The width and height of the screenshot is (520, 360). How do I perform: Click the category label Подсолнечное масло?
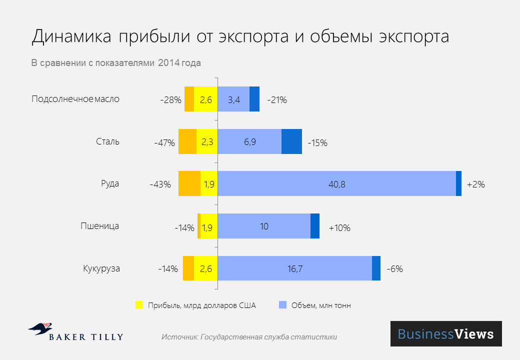pos(75,98)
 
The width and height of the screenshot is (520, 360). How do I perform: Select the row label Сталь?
pos(107,141)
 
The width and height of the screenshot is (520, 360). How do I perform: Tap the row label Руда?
pos(110,183)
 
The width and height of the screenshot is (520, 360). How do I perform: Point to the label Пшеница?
pos(100,226)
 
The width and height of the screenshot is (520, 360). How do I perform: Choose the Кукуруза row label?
pos(101,268)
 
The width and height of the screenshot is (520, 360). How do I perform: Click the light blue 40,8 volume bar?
pos(336,183)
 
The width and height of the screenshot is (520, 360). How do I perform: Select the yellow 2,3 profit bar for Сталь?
pos(207,141)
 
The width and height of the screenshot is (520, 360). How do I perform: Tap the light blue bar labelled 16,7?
pos(294,268)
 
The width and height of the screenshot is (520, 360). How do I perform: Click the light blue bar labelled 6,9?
pos(249,141)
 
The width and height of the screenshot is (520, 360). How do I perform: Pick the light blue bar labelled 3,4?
pos(233,99)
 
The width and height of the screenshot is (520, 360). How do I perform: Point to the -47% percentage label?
pos(164,142)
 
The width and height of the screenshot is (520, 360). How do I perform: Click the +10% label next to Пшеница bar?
pos(339,227)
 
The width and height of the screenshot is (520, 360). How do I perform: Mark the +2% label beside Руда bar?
pos(475,184)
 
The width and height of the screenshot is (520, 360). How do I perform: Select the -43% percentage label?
pos(160,184)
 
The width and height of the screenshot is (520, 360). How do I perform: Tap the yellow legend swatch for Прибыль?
pos(139,305)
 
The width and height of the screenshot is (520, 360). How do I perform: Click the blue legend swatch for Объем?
pos(282,305)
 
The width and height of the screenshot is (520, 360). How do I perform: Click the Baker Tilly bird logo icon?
pos(40,328)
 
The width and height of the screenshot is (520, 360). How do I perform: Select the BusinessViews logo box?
pos(445,333)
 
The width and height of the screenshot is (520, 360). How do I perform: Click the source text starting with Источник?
pos(249,337)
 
